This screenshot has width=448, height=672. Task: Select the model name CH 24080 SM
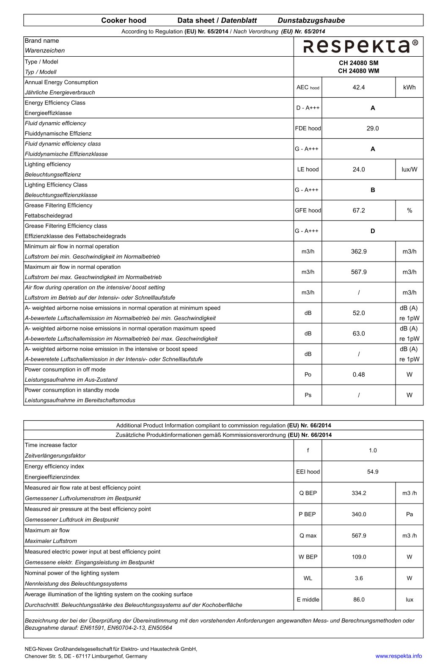pyautogui.click(x=358, y=63)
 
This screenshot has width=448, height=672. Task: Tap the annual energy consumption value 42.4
pyautogui.click(x=358, y=88)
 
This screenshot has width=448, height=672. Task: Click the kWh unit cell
pyautogui.click(x=409, y=88)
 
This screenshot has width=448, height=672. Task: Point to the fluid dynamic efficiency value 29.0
pyautogui.click(x=372, y=129)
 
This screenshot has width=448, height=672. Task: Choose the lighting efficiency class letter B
pyautogui.click(x=372, y=190)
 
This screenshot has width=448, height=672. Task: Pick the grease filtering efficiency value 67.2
pyautogui.click(x=358, y=211)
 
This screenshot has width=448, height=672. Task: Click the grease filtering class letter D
pyautogui.click(x=372, y=231)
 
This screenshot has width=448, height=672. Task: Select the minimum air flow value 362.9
pyautogui.click(x=358, y=252)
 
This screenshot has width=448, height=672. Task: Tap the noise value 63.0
pyautogui.click(x=358, y=334)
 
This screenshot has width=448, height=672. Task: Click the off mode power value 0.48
pyautogui.click(x=358, y=375)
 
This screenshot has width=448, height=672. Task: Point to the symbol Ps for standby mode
pyautogui.click(x=308, y=395)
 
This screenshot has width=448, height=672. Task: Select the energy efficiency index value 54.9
pyautogui.click(x=372, y=472)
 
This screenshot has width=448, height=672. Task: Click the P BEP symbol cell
pyautogui.click(x=308, y=515)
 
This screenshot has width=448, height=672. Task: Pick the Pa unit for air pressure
pyautogui.click(x=409, y=515)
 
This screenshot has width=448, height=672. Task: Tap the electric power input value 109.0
pyautogui.click(x=358, y=557)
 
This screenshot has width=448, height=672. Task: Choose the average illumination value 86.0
pyautogui.click(x=358, y=600)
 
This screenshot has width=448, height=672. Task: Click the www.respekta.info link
pyautogui.click(x=398, y=656)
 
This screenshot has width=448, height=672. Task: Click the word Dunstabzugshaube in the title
pyautogui.click(x=311, y=20)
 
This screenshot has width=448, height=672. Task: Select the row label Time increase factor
pyautogui.click(x=51, y=445)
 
